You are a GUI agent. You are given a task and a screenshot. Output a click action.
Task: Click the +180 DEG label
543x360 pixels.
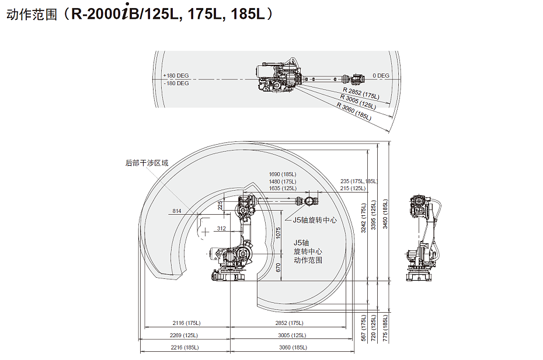(176, 75)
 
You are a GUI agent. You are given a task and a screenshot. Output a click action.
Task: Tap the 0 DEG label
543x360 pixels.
(381, 75)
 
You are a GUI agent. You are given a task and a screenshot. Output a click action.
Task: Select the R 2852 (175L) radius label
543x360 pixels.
(361, 93)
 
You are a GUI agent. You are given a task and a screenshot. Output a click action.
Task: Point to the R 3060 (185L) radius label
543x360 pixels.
(354, 111)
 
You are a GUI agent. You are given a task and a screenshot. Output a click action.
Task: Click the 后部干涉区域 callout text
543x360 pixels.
(147, 163)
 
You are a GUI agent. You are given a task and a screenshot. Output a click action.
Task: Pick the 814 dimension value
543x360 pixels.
(176, 211)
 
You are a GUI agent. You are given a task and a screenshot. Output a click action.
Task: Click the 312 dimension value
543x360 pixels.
(221, 229)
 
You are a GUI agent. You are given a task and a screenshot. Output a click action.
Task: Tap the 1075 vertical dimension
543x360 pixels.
(278, 233)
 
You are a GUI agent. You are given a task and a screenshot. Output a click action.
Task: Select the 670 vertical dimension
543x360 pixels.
(278, 267)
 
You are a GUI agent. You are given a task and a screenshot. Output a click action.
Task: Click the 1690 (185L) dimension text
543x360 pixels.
(283, 174)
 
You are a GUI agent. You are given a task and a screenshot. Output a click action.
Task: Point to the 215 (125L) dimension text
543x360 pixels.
(353, 188)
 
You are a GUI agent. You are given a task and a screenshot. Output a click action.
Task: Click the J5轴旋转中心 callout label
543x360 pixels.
(315, 220)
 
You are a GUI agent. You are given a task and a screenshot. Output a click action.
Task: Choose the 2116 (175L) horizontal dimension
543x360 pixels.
(187, 323)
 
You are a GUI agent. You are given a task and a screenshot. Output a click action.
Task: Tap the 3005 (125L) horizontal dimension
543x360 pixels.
(293, 335)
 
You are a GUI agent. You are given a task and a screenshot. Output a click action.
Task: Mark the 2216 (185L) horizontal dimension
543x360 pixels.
(185, 347)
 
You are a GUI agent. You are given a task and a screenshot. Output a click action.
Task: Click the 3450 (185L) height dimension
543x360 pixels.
(385, 214)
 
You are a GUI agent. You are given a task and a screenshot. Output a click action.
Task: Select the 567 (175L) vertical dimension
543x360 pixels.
(363, 328)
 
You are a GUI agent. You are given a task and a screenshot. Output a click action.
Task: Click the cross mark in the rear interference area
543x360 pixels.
(205, 232)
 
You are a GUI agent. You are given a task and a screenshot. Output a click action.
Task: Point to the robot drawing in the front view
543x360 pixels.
(423, 239)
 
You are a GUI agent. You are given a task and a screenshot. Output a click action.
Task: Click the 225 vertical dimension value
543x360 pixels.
(220, 205)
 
